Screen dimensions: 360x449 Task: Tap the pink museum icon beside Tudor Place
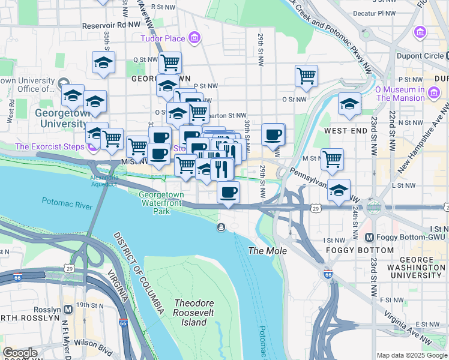point(194,39)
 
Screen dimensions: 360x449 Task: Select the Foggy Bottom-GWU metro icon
point(370,238)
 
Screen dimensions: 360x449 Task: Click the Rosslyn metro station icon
point(68,310)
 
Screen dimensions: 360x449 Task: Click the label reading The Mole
point(268,251)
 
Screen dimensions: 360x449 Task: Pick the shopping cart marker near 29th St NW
point(306,76)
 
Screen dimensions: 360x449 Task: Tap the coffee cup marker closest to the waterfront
point(228,192)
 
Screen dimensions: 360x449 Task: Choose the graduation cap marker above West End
point(349,103)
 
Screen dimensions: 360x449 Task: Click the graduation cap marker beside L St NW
point(339,189)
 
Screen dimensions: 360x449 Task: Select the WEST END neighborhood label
point(346,130)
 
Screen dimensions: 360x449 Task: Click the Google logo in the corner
point(20,353)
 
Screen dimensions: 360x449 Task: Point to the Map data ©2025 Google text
point(411,355)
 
